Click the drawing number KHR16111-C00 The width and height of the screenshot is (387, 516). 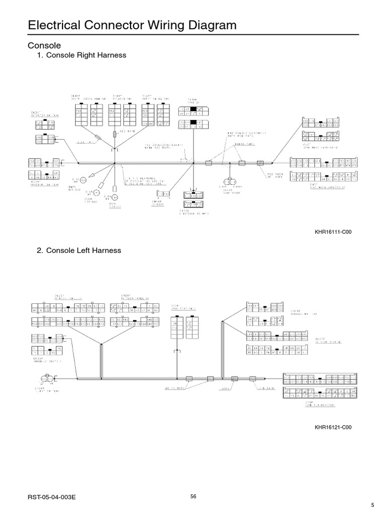tap(333, 232)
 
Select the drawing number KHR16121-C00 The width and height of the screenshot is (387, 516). tap(333, 427)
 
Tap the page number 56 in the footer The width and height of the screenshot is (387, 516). tap(193, 497)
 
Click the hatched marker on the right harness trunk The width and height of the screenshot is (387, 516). tap(261, 163)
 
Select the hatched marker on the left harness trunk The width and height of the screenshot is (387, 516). tap(234, 378)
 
